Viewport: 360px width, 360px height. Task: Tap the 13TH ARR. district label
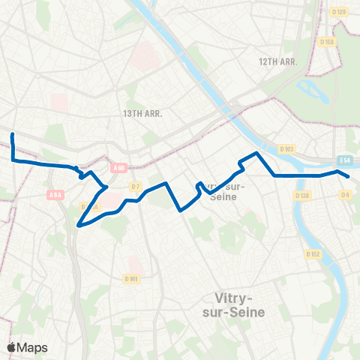(142, 112)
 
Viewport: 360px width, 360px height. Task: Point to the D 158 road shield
(326, 42)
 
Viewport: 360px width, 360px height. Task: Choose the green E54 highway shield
(344, 160)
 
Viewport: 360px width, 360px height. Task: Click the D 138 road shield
(302, 196)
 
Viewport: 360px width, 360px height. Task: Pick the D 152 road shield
(313, 255)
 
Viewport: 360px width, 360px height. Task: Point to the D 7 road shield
(135, 185)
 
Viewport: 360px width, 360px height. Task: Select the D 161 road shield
(131, 279)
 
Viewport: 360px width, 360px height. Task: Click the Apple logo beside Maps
(12, 347)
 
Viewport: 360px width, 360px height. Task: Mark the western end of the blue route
(13, 134)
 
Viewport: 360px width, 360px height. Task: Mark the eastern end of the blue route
(348, 175)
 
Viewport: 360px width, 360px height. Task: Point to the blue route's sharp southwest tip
(79, 224)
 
